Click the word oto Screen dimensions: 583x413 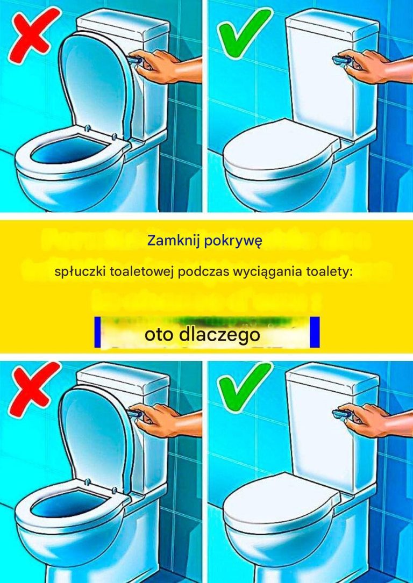point(160,335)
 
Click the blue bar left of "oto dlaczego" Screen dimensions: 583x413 point(97,332)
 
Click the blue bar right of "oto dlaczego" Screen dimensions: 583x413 point(315,332)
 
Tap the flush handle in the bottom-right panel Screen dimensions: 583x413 point(341,414)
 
